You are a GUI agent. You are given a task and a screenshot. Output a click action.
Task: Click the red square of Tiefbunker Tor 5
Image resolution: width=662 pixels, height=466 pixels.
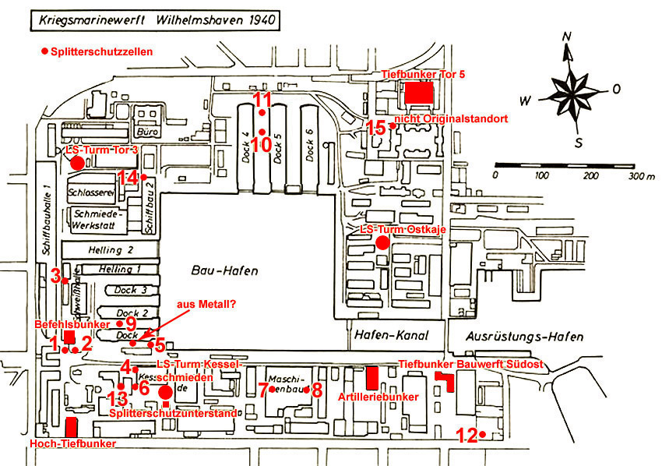point(417,92)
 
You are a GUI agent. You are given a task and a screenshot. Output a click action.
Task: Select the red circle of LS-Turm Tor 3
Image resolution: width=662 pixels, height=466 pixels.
point(76,163)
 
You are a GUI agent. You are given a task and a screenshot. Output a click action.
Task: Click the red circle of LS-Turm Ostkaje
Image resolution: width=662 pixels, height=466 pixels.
point(382,242)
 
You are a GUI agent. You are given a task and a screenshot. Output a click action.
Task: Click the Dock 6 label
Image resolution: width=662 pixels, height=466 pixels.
point(310,145)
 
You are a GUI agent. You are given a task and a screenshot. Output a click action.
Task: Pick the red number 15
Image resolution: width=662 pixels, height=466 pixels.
point(376,128)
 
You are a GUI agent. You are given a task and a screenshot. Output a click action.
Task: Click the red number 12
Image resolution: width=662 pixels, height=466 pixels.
point(466,436)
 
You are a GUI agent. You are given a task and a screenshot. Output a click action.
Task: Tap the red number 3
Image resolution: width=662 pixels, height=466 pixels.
point(55,275)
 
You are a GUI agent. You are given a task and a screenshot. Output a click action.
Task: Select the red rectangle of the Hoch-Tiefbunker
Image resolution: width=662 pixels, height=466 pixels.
point(72,426)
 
